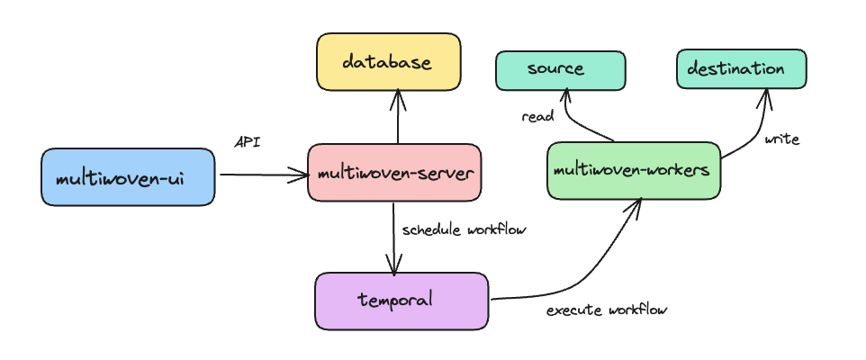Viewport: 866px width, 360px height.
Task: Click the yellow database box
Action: (388, 62)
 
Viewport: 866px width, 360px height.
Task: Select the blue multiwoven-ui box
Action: (128, 177)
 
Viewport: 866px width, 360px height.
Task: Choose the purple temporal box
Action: (401, 301)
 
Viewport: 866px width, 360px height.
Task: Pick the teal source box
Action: (560, 70)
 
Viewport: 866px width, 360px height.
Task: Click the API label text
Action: (248, 141)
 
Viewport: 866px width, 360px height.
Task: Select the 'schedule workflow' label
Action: (464, 229)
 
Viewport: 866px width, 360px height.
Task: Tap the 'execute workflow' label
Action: (607, 310)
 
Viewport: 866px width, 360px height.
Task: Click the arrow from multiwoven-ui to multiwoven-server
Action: (261, 175)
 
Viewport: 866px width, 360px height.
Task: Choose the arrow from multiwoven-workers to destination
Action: (754, 135)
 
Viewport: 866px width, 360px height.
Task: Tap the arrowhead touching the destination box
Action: (766, 95)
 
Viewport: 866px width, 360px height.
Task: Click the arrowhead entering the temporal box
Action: (393, 265)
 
